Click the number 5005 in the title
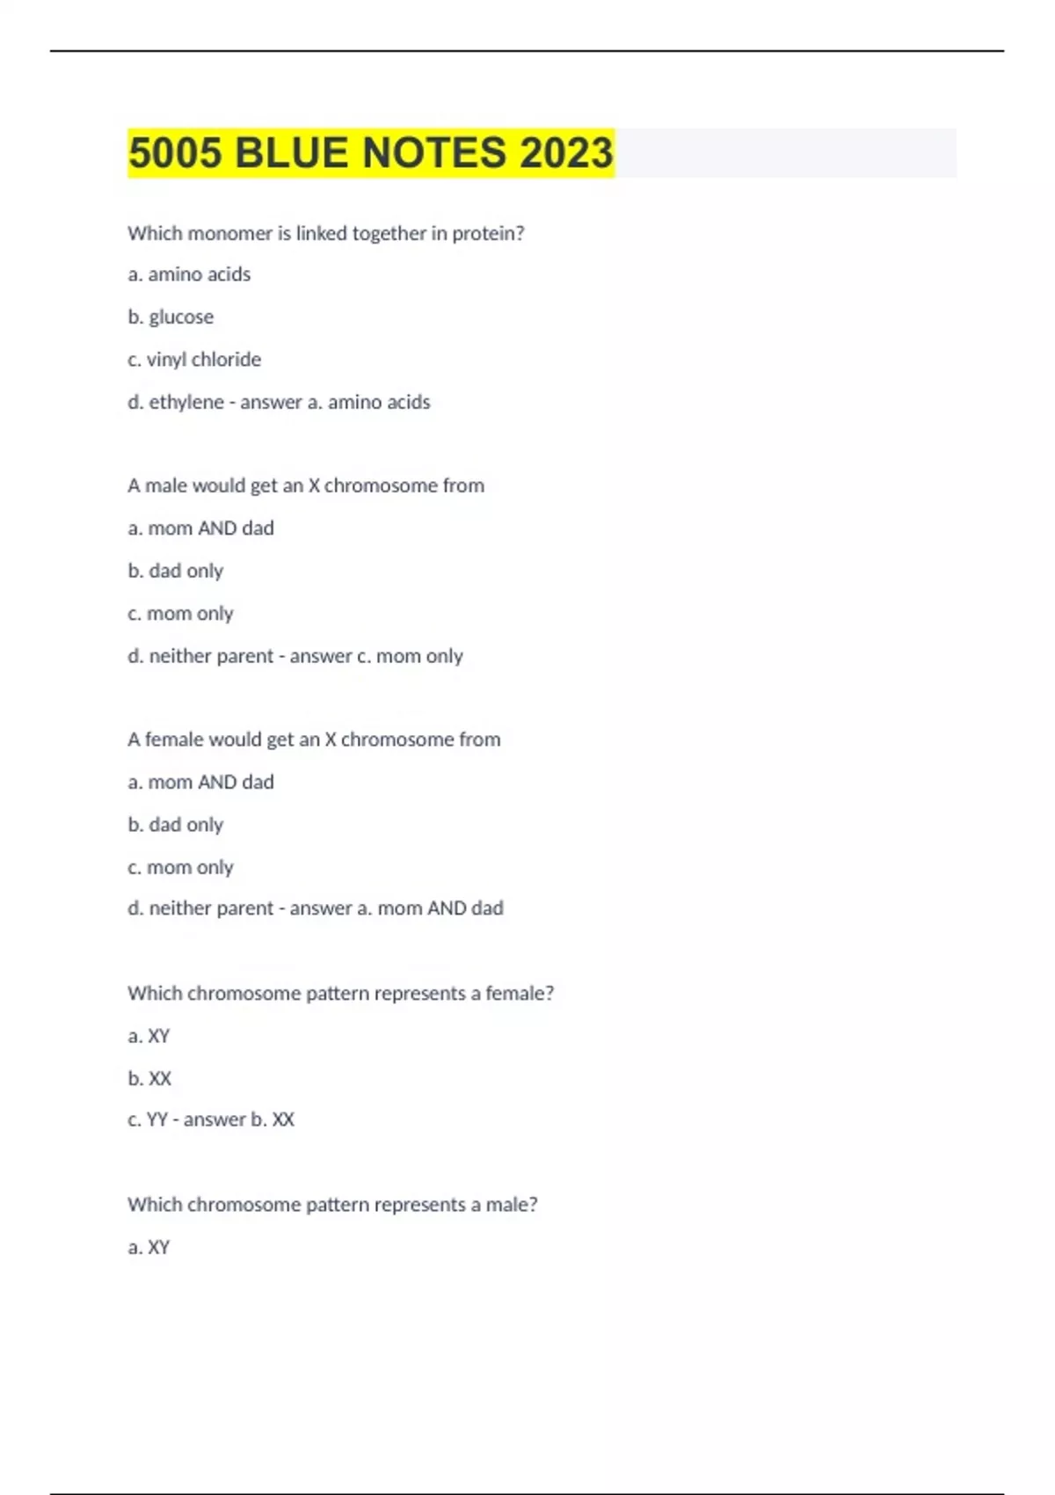point(176,153)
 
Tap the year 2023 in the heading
point(565,153)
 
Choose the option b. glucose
point(171,317)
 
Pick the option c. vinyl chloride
point(194,360)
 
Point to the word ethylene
point(186,402)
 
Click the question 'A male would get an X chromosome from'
point(306,485)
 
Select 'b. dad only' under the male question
point(176,571)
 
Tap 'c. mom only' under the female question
point(180,867)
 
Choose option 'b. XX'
point(149,1078)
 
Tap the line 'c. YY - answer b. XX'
point(211,1119)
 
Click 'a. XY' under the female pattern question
point(149,1036)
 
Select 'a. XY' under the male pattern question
point(149,1247)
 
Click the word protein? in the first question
point(488,233)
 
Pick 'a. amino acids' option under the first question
point(189,274)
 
